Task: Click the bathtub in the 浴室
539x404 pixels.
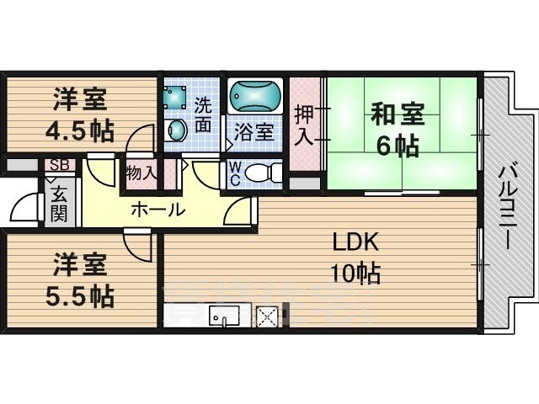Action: pos(255,96)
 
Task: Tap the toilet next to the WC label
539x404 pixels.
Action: pos(264,173)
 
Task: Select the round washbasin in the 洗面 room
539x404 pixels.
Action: pos(177,130)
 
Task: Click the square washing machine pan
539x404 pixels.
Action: pos(174,96)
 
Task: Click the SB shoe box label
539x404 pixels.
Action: pos(59,165)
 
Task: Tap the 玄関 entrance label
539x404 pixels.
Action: pos(59,205)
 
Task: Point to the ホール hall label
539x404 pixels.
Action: pos(158,209)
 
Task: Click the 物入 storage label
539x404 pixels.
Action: pos(141,173)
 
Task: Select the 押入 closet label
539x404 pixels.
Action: pos(305,125)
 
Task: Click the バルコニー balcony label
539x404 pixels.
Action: pos(507,206)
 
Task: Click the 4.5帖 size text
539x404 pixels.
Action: pos(80,131)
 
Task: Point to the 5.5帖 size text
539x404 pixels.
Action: pos(80,296)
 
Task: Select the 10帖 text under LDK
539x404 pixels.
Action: pos(355,273)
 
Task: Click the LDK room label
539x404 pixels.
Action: pos(355,242)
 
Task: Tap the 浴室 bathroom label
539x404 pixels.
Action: pos(254,131)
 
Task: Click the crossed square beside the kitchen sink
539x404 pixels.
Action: pos(267,316)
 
